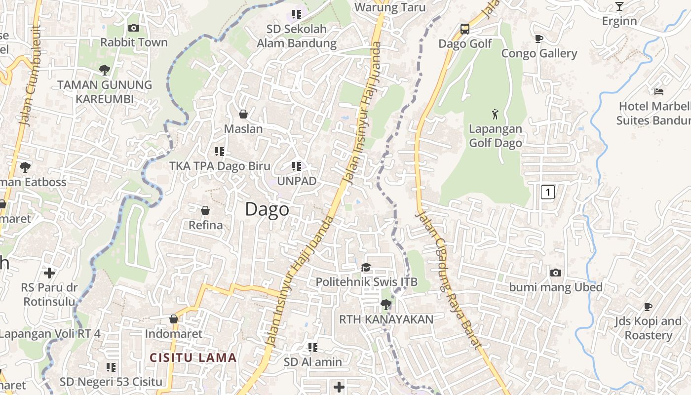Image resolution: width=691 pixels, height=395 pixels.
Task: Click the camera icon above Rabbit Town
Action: pyautogui.click(x=133, y=28)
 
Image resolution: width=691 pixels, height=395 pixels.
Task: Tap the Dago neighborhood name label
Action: pyautogui.click(x=267, y=209)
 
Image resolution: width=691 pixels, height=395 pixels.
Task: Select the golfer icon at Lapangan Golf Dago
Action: pyautogui.click(x=495, y=114)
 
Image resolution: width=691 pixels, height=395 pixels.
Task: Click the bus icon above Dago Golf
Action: pyautogui.click(x=465, y=29)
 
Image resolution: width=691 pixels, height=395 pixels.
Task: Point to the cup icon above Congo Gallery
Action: pyautogui.click(x=539, y=39)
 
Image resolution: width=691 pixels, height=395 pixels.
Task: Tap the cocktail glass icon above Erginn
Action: pyautogui.click(x=619, y=6)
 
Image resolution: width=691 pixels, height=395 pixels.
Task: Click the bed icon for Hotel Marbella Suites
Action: pyautogui.click(x=659, y=91)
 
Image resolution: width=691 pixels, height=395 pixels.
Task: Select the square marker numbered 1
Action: pyautogui.click(x=547, y=192)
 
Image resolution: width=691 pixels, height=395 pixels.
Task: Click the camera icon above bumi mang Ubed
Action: pyautogui.click(x=556, y=273)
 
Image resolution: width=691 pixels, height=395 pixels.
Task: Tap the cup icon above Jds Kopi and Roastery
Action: pyautogui.click(x=648, y=307)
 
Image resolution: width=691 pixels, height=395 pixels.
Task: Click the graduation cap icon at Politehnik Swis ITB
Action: pyautogui.click(x=366, y=267)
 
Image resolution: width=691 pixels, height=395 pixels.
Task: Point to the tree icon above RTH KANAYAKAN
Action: pyautogui.click(x=386, y=304)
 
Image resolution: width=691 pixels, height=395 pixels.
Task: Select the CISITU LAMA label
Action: pyautogui.click(x=193, y=357)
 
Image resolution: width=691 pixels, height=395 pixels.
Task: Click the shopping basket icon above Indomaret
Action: pyautogui.click(x=174, y=319)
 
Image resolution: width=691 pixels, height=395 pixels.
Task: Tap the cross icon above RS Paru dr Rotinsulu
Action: pyautogui.click(x=49, y=273)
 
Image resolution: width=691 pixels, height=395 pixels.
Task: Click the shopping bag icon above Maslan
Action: pyautogui.click(x=243, y=114)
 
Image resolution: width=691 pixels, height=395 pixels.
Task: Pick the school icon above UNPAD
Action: pyautogui.click(x=296, y=166)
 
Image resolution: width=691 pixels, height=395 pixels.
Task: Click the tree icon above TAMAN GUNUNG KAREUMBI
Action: pyautogui.click(x=104, y=70)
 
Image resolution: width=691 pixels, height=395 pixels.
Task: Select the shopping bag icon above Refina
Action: pyautogui.click(x=205, y=211)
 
